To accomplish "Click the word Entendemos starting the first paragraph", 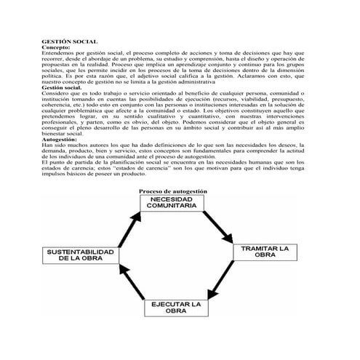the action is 57,53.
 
